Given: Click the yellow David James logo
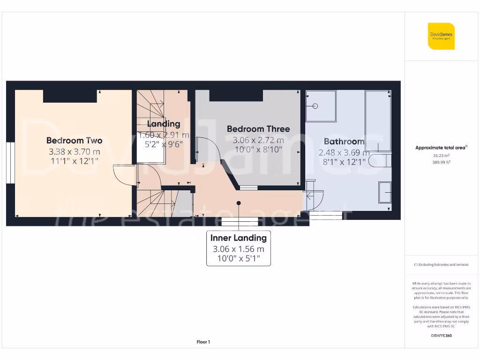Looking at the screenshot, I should click(441, 36).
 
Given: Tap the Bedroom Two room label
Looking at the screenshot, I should click(74, 140).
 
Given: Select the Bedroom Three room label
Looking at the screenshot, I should click(258, 129).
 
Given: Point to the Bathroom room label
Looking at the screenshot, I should click(344, 141).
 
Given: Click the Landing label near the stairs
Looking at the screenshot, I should click(164, 124).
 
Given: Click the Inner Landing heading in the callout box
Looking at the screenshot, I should click(238, 238).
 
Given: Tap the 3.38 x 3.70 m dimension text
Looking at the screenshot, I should click(74, 152).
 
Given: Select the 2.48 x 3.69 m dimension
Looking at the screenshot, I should click(344, 153).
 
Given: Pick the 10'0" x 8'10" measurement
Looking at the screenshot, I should click(258, 150).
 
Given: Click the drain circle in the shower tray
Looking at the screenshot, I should click(315, 106).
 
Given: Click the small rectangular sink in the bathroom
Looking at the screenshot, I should click(384, 192).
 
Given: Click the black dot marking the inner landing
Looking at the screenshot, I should click(239, 203).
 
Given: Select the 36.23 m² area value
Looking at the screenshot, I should click(441, 156).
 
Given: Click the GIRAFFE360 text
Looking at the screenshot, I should click(441, 336).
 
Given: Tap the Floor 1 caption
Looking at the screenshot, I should click(203, 342).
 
